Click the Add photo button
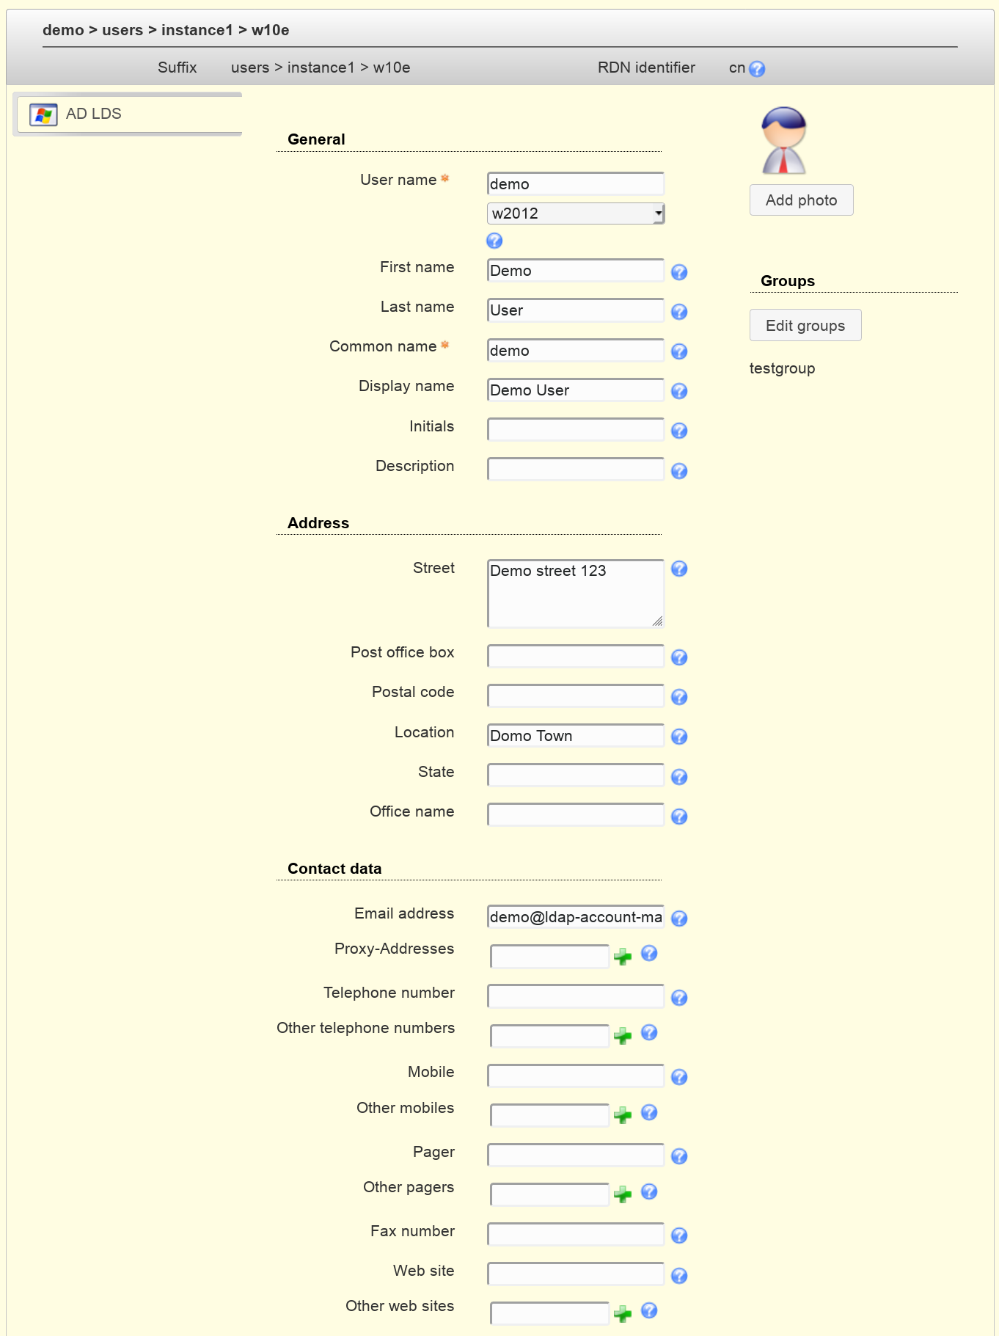coord(801,200)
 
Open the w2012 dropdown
coord(576,213)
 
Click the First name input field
coord(575,271)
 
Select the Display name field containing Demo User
coord(575,390)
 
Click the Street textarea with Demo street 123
coord(575,594)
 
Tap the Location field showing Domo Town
coord(575,736)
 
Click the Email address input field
coord(575,917)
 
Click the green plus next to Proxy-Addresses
coord(623,957)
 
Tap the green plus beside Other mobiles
coord(623,1115)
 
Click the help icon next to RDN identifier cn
coord(757,69)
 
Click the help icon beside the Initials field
coord(679,431)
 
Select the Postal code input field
coord(575,696)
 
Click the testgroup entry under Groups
coord(782,368)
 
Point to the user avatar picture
coord(783,140)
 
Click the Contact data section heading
coord(334,869)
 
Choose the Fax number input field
coord(575,1234)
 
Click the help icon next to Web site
coord(679,1276)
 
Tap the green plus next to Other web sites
coord(623,1313)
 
